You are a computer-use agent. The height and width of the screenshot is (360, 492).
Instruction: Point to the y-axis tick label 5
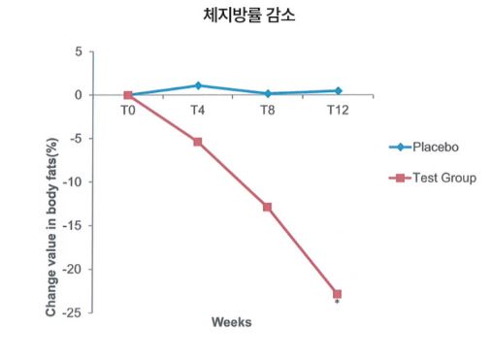[77, 51]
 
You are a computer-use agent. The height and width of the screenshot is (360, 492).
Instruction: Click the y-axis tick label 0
[77, 95]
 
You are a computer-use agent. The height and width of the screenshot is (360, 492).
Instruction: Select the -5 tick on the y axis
[75, 139]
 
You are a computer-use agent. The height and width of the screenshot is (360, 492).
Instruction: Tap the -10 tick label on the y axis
[72, 182]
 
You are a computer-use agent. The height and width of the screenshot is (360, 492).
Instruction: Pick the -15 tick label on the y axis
[72, 226]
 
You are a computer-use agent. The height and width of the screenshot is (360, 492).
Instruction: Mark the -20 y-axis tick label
[72, 270]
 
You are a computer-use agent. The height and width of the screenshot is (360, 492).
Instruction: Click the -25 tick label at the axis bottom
[72, 312]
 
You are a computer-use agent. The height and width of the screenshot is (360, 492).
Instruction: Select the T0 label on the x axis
[127, 111]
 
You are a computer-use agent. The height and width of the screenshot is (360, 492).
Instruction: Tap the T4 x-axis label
[197, 111]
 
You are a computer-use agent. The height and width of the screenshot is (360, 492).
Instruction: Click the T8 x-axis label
[267, 111]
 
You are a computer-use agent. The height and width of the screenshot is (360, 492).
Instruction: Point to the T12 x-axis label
[337, 111]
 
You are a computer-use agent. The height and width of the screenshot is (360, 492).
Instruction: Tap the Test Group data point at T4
[197, 142]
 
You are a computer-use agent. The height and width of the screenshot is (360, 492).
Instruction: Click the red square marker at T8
[267, 207]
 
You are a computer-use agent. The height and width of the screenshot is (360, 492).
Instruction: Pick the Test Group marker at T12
[337, 294]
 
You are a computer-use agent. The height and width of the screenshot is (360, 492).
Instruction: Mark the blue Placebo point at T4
[197, 85]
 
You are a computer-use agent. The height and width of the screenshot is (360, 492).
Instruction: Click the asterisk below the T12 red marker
[337, 304]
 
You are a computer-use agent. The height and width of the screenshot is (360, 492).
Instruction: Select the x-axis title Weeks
[232, 322]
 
